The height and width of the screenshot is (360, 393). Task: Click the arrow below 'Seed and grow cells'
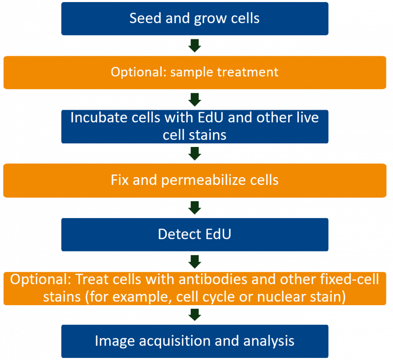click(x=194, y=46)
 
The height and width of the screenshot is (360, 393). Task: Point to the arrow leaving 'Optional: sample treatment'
click(x=194, y=99)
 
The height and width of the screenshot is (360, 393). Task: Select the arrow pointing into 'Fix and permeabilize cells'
click(x=194, y=153)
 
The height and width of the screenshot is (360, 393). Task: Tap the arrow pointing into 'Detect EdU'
click(x=194, y=207)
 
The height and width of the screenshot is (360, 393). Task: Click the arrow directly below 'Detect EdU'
click(x=194, y=262)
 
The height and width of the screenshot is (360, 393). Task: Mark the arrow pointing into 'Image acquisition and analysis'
click(x=194, y=314)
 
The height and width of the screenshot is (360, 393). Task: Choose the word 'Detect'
click(x=176, y=235)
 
